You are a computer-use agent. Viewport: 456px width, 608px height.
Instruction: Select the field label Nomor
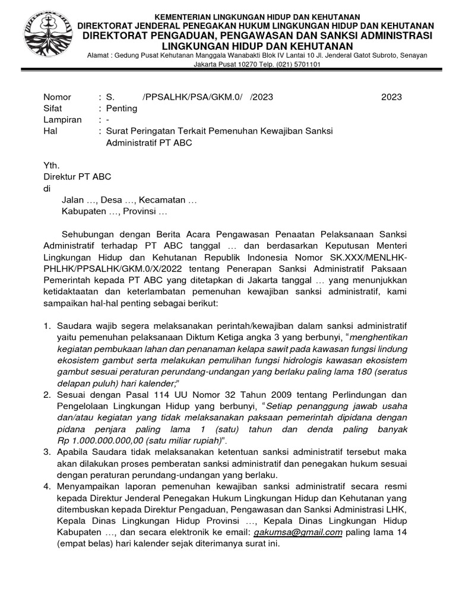click(x=58, y=97)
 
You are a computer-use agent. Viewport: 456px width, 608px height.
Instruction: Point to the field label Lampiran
click(x=62, y=120)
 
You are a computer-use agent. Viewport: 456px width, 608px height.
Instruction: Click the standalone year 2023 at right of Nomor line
click(x=392, y=97)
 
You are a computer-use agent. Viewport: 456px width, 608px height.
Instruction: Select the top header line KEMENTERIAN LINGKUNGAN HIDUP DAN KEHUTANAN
click(x=257, y=15)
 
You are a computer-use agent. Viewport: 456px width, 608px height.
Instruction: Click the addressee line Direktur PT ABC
click(x=77, y=177)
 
